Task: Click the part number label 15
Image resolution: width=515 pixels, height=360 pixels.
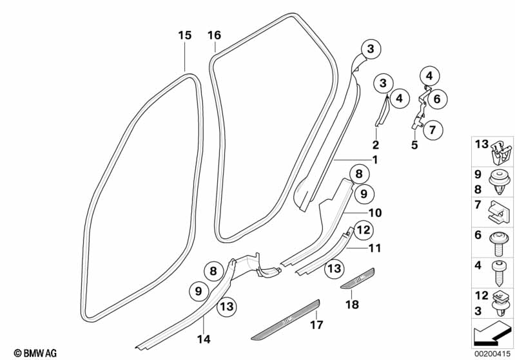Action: [x=185, y=35]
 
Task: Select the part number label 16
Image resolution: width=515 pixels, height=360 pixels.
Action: [x=215, y=35]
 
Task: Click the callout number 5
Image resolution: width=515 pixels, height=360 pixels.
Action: [x=414, y=145]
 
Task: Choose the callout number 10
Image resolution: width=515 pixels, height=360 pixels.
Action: [x=375, y=213]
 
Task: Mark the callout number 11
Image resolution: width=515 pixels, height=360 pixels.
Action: [x=375, y=247]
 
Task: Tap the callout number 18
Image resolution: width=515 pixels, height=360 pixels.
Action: [x=353, y=304]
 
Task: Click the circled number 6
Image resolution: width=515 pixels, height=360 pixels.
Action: [x=436, y=99]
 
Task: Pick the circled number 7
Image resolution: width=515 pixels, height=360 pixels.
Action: [x=432, y=129]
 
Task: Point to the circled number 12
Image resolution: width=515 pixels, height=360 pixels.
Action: [x=362, y=229]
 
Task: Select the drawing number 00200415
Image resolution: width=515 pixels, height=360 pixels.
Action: [x=493, y=353]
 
